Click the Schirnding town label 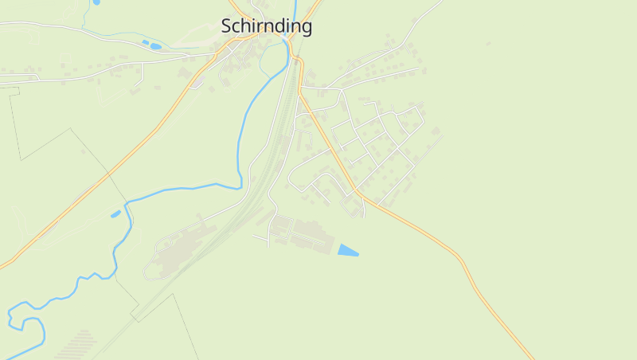coord(266,26)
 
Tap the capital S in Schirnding coord(228,26)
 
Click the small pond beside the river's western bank coord(115,213)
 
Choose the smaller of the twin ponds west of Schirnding coord(144,42)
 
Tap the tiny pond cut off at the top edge coord(96,2)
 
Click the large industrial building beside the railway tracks coord(179,247)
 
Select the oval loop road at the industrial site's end coord(151,272)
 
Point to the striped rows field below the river coord(76,345)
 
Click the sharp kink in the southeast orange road coord(459,260)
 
